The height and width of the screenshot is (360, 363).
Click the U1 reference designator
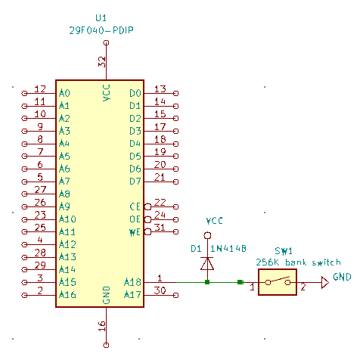pos(101,18)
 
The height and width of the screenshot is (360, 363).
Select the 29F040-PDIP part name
pos(101,30)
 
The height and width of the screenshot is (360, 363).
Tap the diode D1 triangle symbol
pos(207,263)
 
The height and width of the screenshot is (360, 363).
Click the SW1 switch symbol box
pos(278,282)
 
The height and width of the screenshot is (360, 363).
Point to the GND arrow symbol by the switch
pos(325,282)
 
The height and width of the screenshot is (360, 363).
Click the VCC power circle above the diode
pos(207,235)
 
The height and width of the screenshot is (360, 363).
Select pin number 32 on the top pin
pos(101,62)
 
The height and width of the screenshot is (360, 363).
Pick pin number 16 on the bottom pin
pos(101,327)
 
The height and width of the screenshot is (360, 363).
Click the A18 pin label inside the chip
pos(132,282)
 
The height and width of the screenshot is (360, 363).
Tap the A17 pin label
pos(132,294)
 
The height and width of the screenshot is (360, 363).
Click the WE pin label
pos(135,232)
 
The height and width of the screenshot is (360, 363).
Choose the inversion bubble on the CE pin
pos(147,207)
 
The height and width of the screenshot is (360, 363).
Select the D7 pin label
pos(135,182)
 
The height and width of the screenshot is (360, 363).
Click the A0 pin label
pos(64,93)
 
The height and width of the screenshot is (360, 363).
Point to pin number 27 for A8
pos(40,189)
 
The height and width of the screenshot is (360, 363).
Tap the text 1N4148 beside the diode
pos(228,249)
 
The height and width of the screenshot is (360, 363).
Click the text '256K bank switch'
pos(298,262)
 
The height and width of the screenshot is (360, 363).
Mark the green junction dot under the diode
pos(207,282)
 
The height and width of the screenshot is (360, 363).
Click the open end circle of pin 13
pos(176,93)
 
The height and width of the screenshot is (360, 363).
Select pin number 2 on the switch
pos(303,287)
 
